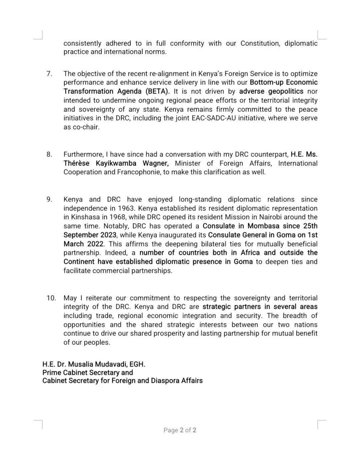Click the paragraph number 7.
(x=49, y=73)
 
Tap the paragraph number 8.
(x=49, y=154)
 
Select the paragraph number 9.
(x=49, y=199)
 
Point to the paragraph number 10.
(x=51, y=298)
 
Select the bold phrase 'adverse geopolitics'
(x=271, y=91)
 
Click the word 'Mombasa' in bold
(x=258, y=226)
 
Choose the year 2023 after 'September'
(x=109, y=235)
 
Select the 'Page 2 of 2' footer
(x=180, y=430)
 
